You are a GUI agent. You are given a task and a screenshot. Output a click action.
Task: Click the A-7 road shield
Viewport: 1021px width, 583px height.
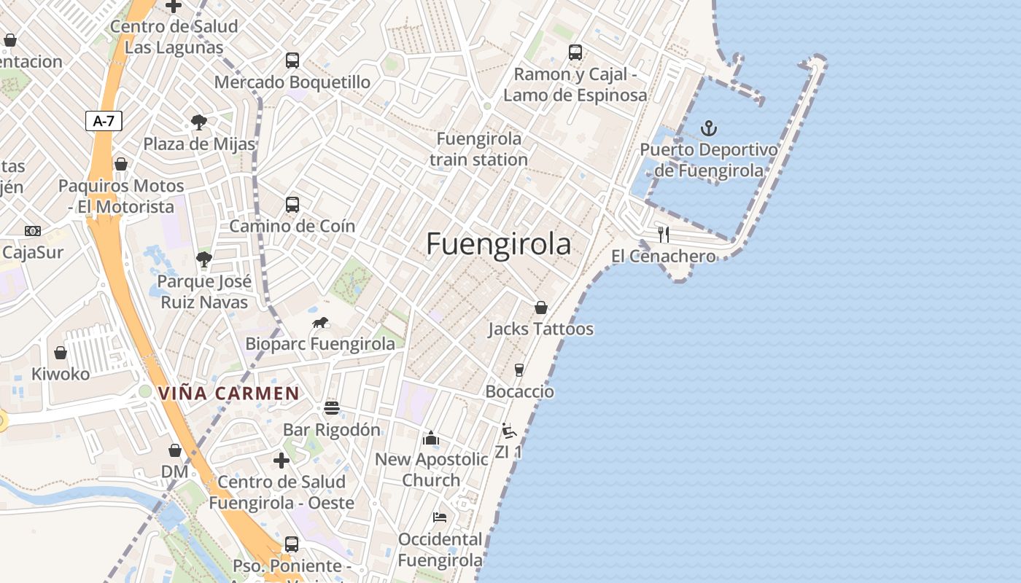104,121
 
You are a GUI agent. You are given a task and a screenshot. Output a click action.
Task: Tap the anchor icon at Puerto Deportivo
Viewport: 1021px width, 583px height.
708,129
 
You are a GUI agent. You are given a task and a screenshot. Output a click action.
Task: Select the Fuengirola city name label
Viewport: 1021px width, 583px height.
498,244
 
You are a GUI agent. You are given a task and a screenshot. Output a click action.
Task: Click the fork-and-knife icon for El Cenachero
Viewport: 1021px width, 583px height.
664,234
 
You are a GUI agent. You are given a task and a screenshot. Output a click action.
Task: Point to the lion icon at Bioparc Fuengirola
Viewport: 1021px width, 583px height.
320,322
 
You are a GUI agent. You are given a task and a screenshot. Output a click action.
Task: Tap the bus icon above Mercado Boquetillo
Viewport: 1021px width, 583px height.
292,60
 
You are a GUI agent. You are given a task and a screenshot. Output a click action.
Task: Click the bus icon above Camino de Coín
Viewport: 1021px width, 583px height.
292,205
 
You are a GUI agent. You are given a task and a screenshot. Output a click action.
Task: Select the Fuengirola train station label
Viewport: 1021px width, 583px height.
478,149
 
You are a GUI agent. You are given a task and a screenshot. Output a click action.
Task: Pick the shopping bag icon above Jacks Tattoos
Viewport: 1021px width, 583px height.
540,308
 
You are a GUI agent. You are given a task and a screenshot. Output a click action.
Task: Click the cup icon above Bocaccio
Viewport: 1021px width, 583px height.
519,370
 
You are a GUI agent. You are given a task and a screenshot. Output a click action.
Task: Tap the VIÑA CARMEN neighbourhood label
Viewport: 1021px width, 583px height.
228,394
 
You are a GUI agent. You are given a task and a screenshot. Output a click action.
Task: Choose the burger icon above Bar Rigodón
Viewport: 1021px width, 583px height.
332,407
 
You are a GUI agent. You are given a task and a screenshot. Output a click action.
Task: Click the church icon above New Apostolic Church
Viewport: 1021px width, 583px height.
431,438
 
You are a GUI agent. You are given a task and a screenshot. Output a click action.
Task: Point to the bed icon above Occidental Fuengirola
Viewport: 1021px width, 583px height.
440,517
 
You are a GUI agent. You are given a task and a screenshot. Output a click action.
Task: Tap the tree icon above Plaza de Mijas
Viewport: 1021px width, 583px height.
198,122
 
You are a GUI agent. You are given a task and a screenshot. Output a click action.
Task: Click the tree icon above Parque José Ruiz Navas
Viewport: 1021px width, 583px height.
204,259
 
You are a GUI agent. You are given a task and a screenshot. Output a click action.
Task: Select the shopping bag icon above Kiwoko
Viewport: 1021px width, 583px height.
61,353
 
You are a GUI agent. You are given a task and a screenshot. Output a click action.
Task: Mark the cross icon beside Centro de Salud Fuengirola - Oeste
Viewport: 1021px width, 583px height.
282,461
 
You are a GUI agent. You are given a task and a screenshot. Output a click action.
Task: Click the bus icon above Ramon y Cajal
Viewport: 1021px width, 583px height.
575,52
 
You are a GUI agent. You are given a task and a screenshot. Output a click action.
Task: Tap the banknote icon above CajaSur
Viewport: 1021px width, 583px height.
33,231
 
